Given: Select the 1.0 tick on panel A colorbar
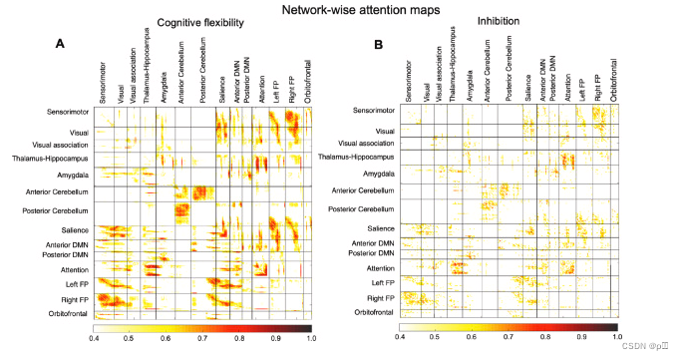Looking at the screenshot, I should pos(312,339).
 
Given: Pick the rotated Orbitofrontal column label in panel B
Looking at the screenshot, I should pos(611,83).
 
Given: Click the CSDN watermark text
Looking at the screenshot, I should pos(649,349).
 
